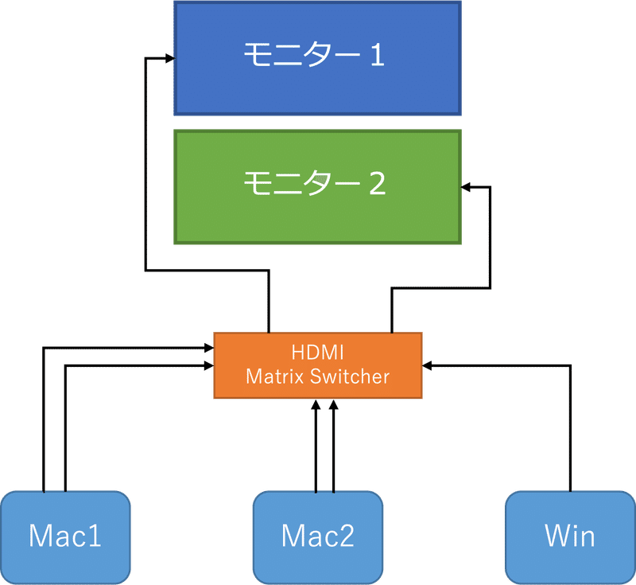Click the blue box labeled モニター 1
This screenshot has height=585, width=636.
[317, 58]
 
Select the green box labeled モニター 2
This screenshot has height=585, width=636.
[317, 187]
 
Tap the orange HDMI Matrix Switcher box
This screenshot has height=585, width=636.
[318, 365]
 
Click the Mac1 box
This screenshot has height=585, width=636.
[66, 537]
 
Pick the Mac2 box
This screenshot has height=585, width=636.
[318, 537]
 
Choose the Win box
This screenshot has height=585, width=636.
[570, 537]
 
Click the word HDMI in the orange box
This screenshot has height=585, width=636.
[317, 353]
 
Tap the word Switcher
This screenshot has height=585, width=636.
[350, 376]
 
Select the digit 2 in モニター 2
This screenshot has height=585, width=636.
[377, 184]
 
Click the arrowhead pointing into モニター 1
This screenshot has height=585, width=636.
[169, 58]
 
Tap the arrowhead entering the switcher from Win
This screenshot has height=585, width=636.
[427, 366]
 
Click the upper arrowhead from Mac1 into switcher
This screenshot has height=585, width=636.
[209, 348]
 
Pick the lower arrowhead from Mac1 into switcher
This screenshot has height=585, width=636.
[209, 366]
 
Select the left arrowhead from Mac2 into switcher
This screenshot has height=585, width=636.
[316, 404]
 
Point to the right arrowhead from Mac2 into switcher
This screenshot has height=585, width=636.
[333, 404]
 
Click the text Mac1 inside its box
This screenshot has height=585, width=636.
[65, 536]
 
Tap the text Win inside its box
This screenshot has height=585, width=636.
[570, 536]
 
